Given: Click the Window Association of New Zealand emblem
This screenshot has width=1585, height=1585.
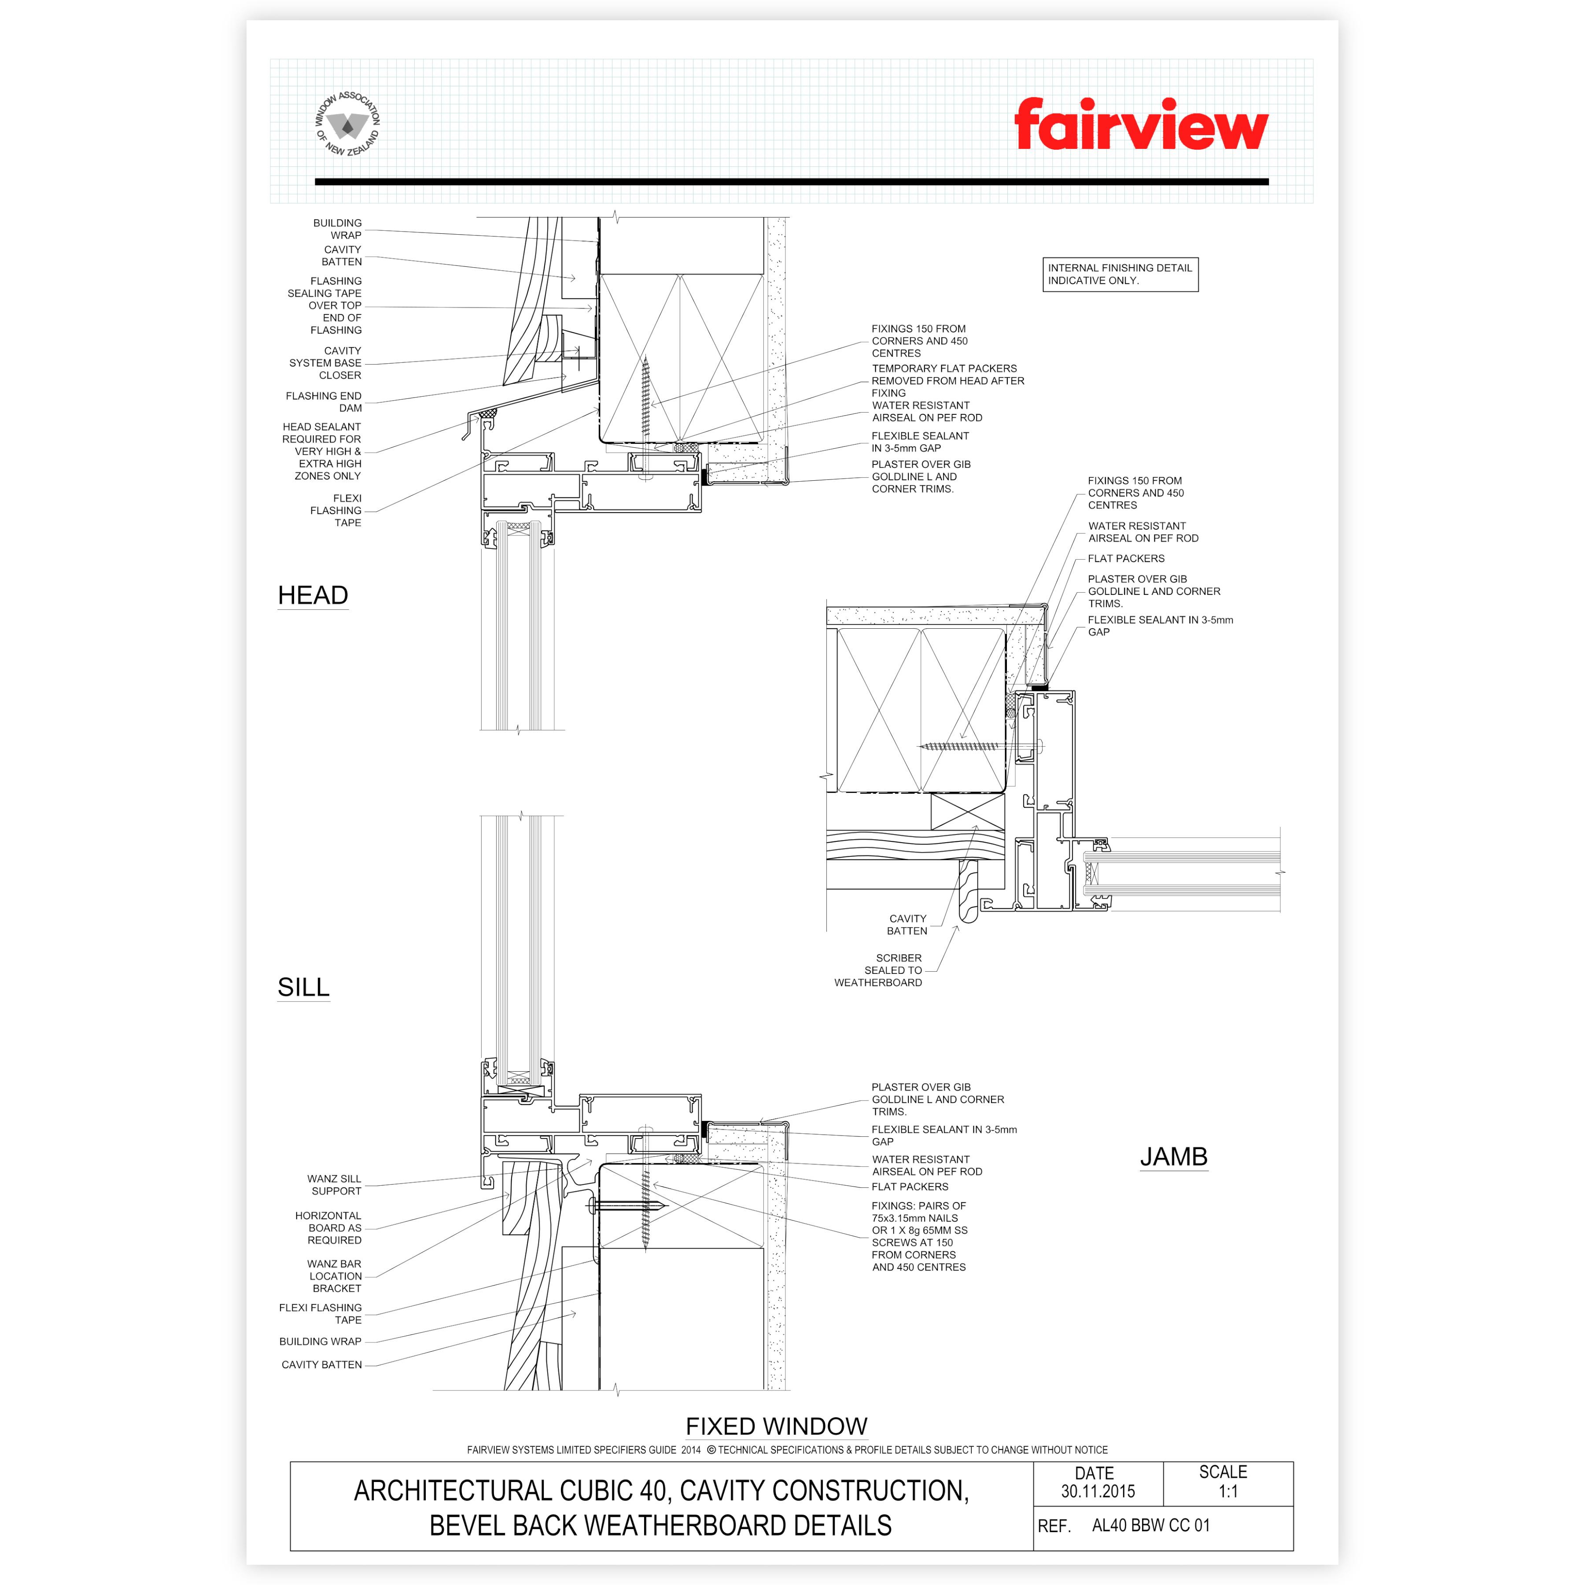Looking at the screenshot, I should click(348, 124).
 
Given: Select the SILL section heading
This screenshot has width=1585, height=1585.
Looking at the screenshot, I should click(303, 987).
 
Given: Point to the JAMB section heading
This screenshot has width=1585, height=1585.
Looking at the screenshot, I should click(1173, 1157).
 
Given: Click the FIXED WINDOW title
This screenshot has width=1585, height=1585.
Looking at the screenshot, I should click(776, 1426).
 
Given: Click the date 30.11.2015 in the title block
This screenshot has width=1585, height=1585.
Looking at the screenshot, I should click(1098, 1492).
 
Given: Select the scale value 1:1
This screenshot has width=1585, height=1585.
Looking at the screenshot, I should click(1227, 1492).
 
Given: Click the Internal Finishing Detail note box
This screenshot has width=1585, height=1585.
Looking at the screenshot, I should click(1120, 274).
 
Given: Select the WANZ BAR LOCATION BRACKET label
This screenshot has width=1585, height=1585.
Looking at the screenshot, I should click(335, 1276).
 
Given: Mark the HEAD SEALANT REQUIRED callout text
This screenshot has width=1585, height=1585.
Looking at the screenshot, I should click(321, 451).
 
